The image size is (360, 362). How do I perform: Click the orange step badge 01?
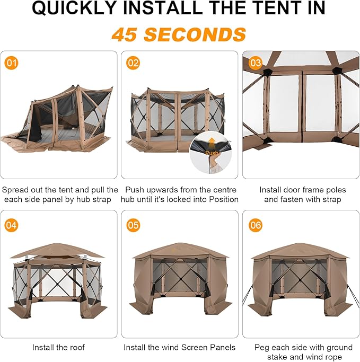click(x=11, y=63)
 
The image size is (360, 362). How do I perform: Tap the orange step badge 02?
click(x=133, y=63)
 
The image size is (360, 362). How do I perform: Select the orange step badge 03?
click(x=256, y=63)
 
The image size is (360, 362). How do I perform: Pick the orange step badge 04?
click(x=11, y=225)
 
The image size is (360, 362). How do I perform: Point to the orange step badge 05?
click(x=133, y=225)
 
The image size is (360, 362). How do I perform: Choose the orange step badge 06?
click(x=256, y=225)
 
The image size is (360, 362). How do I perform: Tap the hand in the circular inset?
click(x=214, y=163)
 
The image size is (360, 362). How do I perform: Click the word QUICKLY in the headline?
click(x=74, y=8)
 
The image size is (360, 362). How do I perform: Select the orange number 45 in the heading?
click(x=124, y=34)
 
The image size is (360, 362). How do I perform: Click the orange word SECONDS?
click(x=195, y=34)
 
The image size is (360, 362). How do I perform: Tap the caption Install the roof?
click(x=58, y=347)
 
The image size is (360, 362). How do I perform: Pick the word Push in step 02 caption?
click(x=134, y=190)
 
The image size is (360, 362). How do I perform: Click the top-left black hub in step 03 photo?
click(x=267, y=72)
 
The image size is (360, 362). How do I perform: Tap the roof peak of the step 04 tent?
click(x=57, y=244)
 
